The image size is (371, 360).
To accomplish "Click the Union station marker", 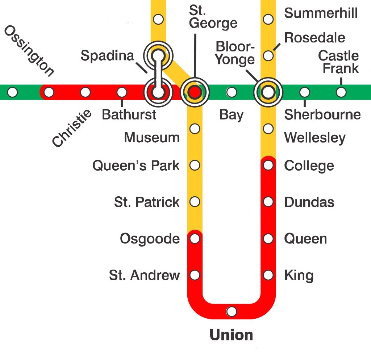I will (x=232, y=311).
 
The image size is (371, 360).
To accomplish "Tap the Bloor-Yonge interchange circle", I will (x=268, y=92).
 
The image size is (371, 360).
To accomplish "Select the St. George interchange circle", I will (x=195, y=92).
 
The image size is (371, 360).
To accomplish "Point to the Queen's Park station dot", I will (x=195, y=166).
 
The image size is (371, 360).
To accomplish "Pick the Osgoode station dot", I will (x=195, y=239).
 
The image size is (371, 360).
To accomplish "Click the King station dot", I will (x=268, y=275).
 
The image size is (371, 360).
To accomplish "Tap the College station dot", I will (x=268, y=166).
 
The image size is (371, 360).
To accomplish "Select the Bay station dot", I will (x=232, y=92).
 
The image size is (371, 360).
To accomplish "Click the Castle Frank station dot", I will (x=341, y=92).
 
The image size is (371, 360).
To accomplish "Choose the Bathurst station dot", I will (x=122, y=92).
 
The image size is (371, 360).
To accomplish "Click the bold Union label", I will (x=232, y=335).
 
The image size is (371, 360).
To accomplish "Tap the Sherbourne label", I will (x=322, y=115).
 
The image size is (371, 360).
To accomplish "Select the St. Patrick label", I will (x=147, y=202).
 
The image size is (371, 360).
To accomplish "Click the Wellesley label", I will (x=315, y=138).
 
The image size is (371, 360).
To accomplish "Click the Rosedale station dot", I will (x=268, y=56).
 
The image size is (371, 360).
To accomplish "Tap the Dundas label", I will (x=309, y=202).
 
